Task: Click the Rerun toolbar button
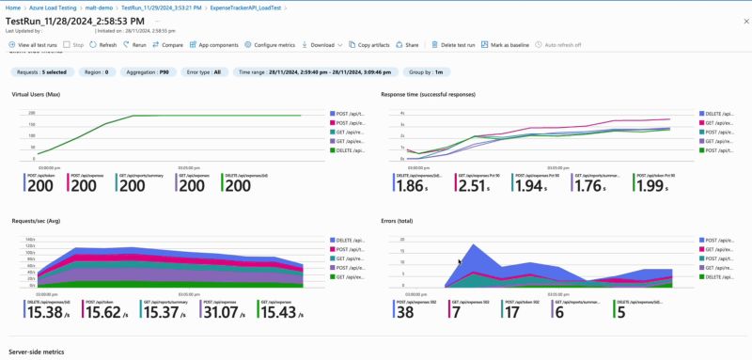pos(135,44)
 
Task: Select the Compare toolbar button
pos(169,44)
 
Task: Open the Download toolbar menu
pos(321,44)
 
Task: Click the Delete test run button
pos(460,44)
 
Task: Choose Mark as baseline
pos(514,44)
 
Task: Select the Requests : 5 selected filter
pos(40,71)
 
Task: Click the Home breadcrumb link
pos(13,7)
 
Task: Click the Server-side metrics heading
pos(37,352)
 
